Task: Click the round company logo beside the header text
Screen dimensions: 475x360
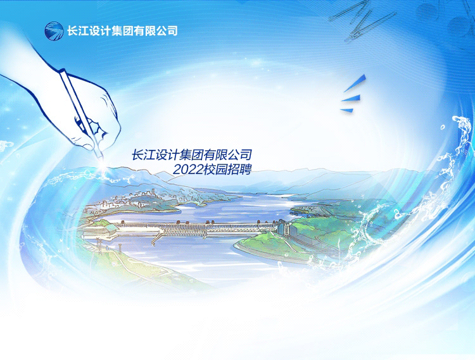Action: tap(54, 31)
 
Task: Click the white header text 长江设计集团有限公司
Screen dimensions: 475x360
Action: tap(122, 31)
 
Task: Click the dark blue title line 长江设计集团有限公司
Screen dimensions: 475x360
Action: tap(192, 155)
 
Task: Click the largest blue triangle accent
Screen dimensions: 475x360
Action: tap(355, 83)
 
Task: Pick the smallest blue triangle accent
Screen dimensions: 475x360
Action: tap(347, 111)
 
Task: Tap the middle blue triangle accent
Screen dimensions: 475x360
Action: tap(351, 98)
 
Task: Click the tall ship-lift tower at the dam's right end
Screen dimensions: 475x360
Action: tap(284, 227)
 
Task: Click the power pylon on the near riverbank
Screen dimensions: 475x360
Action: tap(99, 243)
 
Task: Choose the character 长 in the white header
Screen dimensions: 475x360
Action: tap(72, 31)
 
